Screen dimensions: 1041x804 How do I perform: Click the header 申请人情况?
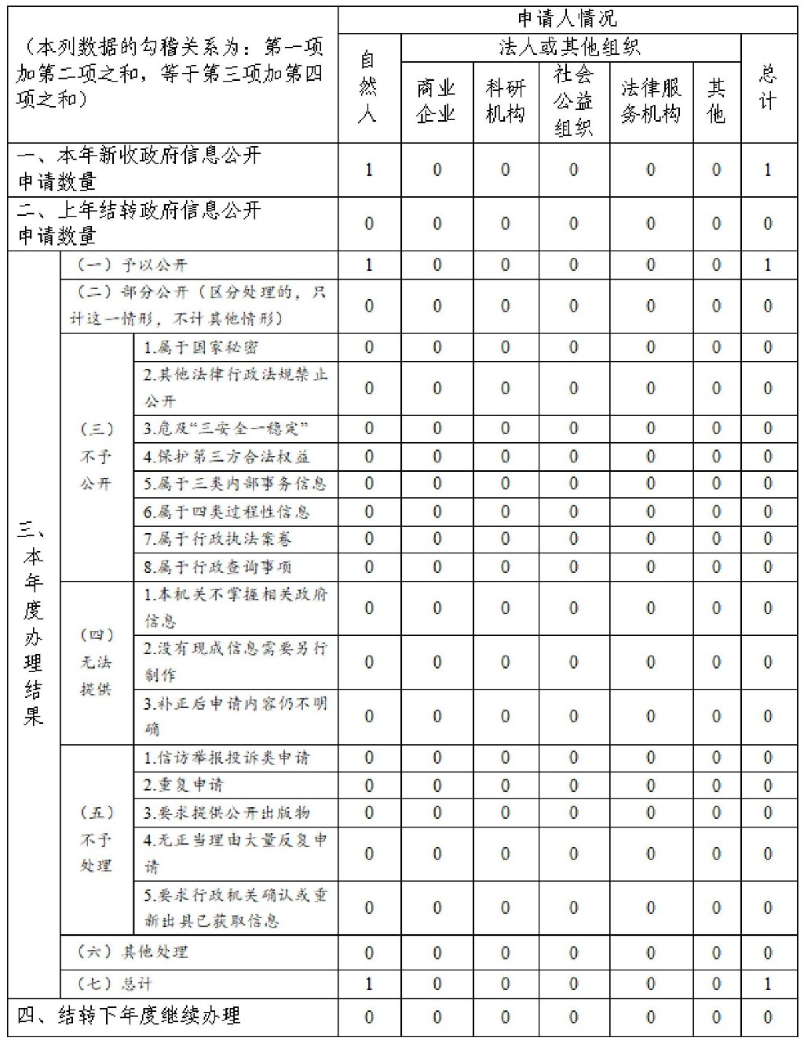(x=567, y=19)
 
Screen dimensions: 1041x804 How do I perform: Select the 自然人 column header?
(x=367, y=87)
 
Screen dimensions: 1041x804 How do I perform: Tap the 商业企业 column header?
(x=436, y=100)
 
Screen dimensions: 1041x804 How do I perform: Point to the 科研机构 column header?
(x=505, y=100)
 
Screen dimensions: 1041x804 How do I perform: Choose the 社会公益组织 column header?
(x=573, y=100)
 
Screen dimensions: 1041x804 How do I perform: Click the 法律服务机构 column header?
(x=651, y=100)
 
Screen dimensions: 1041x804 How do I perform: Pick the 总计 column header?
(x=768, y=87)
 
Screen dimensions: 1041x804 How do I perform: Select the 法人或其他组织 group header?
(x=570, y=47)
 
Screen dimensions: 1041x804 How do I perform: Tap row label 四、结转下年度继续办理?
(x=130, y=1016)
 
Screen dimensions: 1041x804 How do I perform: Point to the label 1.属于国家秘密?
(x=201, y=347)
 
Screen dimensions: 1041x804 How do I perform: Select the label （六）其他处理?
(x=133, y=952)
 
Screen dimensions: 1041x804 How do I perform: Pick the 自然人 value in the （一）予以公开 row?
(x=368, y=265)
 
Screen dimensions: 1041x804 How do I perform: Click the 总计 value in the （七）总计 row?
(x=768, y=983)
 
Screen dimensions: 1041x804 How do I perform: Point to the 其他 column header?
(x=716, y=100)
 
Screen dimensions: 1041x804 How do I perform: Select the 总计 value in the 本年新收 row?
(x=768, y=169)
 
